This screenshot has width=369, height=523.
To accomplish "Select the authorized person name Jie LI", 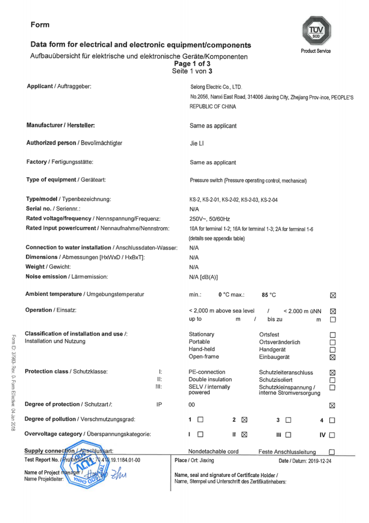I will pos(197,143).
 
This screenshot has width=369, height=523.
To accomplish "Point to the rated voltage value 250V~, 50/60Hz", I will pos(209,218).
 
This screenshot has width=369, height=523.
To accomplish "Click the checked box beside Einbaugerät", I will pos(332,357).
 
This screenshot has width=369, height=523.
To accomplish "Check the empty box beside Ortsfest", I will pos(332,335).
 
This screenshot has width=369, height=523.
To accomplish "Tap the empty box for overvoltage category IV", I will pos(332,435).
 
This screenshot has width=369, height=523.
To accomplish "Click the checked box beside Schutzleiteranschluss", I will pos(332,373).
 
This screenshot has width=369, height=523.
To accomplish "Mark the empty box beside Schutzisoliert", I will pos(332,380).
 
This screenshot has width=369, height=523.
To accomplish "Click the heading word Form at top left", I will pos(40,24).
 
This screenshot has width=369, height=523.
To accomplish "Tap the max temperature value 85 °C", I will pos(269,295).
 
